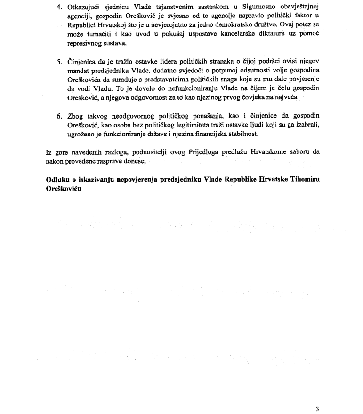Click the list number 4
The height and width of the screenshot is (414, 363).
click(59, 8)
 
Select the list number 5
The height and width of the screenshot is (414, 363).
click(59, 62)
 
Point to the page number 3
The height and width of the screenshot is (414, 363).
click(317, 409)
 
